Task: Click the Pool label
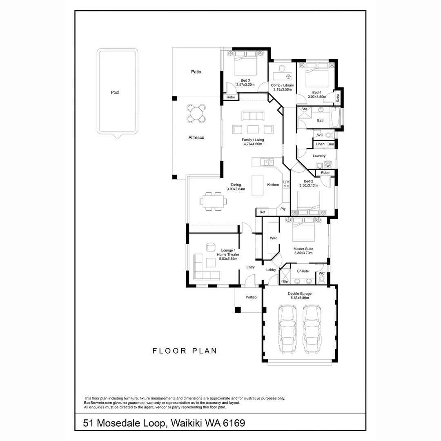point(115,93)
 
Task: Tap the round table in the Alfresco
point(196,114)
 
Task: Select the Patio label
point(196,72)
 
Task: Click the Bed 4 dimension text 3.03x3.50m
point(316,97)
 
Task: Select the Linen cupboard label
point(320,144)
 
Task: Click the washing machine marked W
point(328,166)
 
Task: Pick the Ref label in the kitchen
point(262,212)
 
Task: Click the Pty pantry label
point(283,209)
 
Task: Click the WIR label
point(273,238)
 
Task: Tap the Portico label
point(251,297)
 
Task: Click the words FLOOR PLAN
point(185,351)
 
